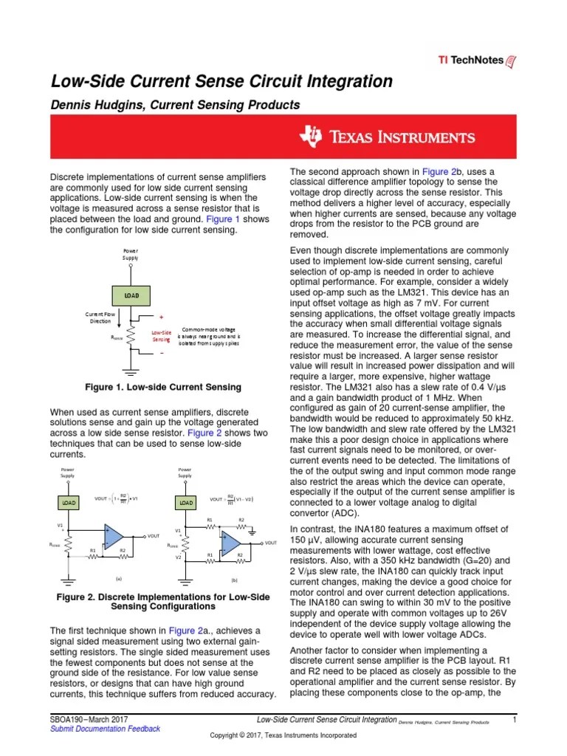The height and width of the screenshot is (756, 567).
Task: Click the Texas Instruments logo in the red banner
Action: coord(388,137)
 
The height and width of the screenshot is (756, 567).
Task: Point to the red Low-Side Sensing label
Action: coord(161,335)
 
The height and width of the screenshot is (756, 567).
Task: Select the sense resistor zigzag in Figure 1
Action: coord(130,337)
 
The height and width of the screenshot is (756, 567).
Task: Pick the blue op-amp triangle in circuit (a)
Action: coord(114,537)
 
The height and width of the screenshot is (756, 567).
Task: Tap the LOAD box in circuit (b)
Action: coord(185,503)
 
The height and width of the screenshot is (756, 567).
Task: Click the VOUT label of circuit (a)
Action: coord(153,536)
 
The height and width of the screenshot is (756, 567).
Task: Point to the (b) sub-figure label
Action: coord(234,580)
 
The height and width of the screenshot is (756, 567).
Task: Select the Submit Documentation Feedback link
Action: coord(104,729)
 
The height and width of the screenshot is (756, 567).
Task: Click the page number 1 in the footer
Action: coord(513,718)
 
